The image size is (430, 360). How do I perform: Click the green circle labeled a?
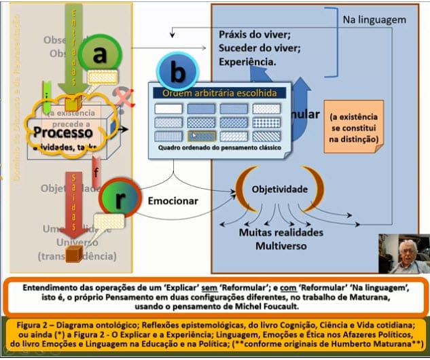coord(100,56)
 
